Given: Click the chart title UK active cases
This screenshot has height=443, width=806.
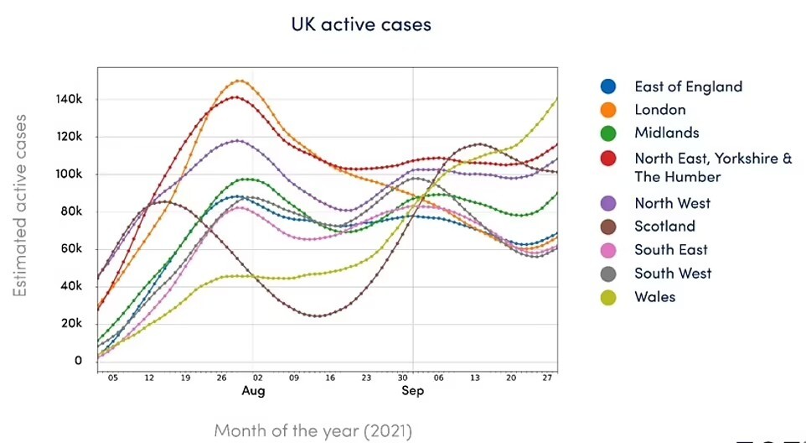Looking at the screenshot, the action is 361,24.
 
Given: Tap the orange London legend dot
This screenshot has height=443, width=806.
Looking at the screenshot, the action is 608,110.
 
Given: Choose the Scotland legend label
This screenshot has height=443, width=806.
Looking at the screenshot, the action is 664,227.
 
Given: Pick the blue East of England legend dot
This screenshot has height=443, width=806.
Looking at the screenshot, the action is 608,86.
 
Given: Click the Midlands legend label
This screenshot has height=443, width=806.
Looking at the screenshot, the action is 667,133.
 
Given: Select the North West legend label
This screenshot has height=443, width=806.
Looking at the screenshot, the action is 672,203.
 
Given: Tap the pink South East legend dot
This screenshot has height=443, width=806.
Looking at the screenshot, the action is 608,250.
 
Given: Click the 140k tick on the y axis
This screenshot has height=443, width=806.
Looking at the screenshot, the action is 69,99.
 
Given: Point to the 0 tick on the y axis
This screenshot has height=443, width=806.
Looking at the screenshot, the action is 78,361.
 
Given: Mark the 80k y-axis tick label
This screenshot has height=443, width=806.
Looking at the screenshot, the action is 71,212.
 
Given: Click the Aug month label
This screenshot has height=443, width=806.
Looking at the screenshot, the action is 253,391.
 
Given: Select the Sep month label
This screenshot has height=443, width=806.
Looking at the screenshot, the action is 413,391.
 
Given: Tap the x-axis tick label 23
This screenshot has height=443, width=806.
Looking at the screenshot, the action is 365,378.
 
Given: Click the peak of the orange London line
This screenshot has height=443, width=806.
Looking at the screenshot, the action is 239,81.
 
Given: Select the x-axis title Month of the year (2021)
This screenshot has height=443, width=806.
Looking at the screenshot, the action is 313,430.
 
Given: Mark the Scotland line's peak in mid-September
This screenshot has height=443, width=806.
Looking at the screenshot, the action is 478,144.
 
